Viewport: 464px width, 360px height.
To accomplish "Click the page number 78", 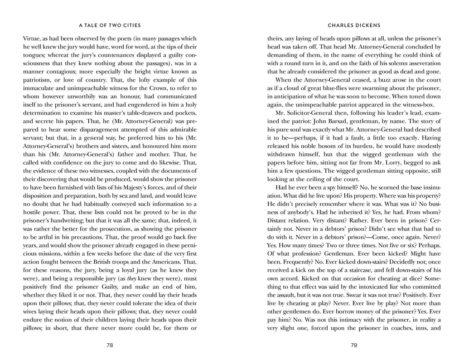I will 110,345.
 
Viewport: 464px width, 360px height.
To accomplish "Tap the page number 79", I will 354,345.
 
